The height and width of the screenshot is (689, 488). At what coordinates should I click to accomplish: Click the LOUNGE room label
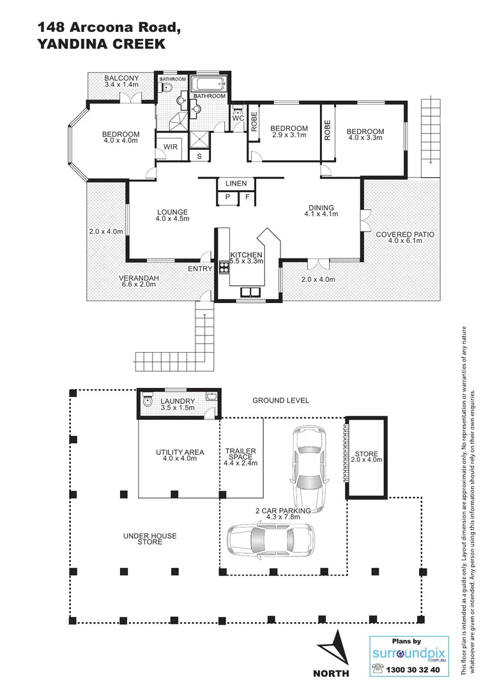click(x=171, y=212)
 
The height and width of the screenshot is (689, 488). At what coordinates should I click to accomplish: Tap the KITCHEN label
click(x=246, y=255)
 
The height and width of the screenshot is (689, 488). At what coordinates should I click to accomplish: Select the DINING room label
click(x=321, y=208)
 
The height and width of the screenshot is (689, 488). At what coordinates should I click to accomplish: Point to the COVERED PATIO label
click(x=405, y=235)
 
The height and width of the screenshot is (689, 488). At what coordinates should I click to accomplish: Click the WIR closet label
click(x=171, y=147)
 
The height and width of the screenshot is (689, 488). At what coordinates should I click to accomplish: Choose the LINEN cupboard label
click(x=236, y=184)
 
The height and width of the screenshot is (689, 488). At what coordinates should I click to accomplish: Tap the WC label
click(x=238, y=119)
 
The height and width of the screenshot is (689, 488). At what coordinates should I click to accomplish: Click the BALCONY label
click(x=121, y=78)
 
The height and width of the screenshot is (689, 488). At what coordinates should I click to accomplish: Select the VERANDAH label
click(x=139, y=278)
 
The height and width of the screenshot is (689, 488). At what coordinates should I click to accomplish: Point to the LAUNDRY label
click(x=178, y=401)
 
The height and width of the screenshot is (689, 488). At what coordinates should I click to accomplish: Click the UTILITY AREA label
click(x=179, y=452)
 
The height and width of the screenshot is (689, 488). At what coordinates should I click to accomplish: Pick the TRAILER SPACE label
click(x=241, y=452)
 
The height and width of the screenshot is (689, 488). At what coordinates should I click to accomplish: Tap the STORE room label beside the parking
click(x=367, y=454)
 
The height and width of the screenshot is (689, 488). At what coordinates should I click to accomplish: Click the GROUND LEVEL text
click(x=280, y=401)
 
